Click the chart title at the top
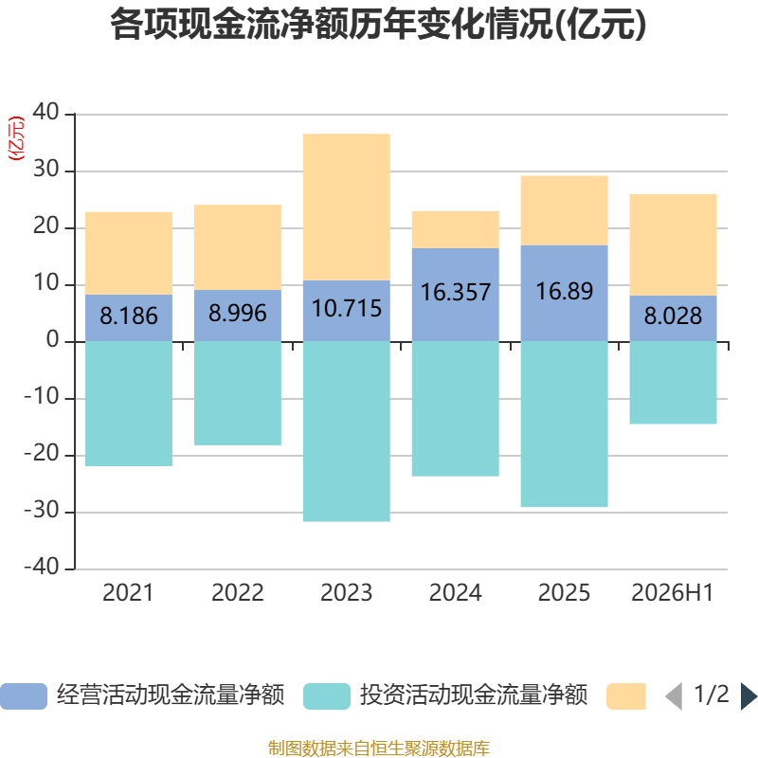coord(378,25)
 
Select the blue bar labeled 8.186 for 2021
coord(129,317)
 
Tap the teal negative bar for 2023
coord(347,431)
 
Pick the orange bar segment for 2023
coord(347,207)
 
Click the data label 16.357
coord(456,292)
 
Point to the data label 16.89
coord(564,291)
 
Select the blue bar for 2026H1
coord(673,318)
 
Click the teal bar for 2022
coord(238,393)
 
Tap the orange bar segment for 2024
coord(456,229)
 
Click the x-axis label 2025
coord(564,593)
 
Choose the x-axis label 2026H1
coord(673,593)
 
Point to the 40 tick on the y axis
coord(45,112)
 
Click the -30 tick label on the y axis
coord(42,511)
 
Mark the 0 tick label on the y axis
coord(53,340)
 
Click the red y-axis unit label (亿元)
coord(16,138)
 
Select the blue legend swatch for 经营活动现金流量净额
coord(24,696)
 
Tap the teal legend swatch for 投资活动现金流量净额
coord(327,696)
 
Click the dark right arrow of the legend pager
coord(749,696)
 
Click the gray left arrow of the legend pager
coord(674,696)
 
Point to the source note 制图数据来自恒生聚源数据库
coord(378,748)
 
